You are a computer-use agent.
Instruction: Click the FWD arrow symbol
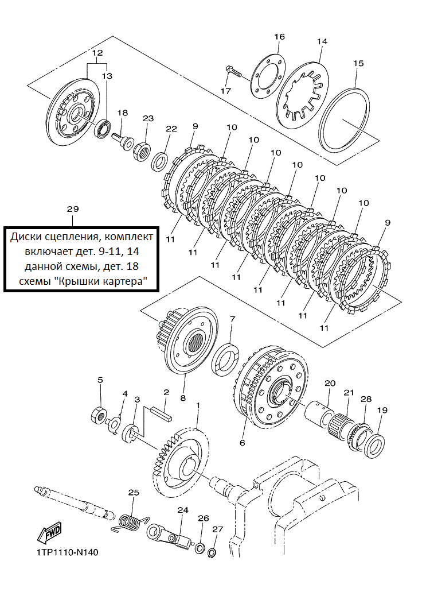pos(49,533)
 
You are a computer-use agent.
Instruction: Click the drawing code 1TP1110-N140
pos(68,552)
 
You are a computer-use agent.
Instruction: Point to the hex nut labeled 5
pos(99,415)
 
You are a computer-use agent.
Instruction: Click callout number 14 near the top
pos(322,41)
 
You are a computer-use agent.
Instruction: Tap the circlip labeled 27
pos(212,551)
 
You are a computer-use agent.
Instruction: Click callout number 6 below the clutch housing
pos(243,442)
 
